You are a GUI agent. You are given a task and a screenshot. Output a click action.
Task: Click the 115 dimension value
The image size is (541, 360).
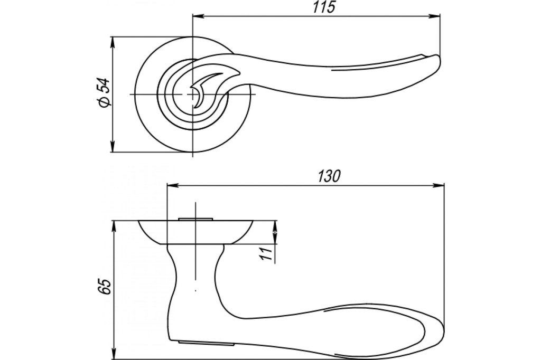click(x=324, y=7)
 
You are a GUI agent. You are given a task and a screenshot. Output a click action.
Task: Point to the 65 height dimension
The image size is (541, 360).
click(x=105, y=286)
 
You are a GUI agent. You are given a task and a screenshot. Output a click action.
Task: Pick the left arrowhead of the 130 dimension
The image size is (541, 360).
click(x=173, y=186)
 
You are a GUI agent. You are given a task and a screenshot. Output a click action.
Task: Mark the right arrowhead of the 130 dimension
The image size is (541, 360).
click(x=439, y=186)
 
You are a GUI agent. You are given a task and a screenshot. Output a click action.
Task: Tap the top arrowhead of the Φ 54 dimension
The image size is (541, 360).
click(x=112, y=42)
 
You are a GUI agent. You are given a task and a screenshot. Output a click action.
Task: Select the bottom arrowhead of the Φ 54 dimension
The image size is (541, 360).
click(x=112, y=146)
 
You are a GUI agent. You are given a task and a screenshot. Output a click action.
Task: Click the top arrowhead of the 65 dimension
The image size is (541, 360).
click(x=114, y=226)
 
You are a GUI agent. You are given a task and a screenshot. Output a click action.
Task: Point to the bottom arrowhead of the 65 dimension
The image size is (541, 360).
click(x=114, y=354)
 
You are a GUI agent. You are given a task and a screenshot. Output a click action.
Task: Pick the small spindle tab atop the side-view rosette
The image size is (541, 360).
click(x=195, y=219)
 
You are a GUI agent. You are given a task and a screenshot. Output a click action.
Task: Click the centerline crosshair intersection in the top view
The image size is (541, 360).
click(x=192, y=94)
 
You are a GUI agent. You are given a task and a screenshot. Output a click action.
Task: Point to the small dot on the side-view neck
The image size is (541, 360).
click(x=195, y=291)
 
